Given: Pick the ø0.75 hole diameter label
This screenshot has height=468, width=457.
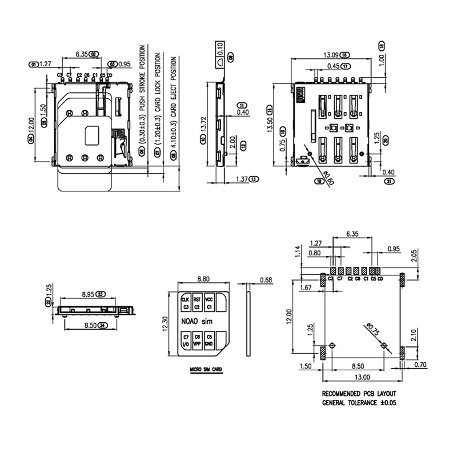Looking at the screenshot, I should [372, 330].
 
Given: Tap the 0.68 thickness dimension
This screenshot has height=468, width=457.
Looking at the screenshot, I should [265, 279].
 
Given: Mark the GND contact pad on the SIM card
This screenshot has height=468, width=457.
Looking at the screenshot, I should [209, 341].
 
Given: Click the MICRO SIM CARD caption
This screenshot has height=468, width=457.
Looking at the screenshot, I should [206, 370].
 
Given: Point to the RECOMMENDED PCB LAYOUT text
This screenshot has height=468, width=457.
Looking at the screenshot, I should [359, 394].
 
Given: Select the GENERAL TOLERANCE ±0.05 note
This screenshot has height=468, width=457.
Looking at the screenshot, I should [359, 402].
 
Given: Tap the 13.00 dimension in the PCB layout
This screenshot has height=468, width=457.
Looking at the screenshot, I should [362, 377].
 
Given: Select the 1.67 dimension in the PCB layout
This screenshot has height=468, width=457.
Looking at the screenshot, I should [306, 287].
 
